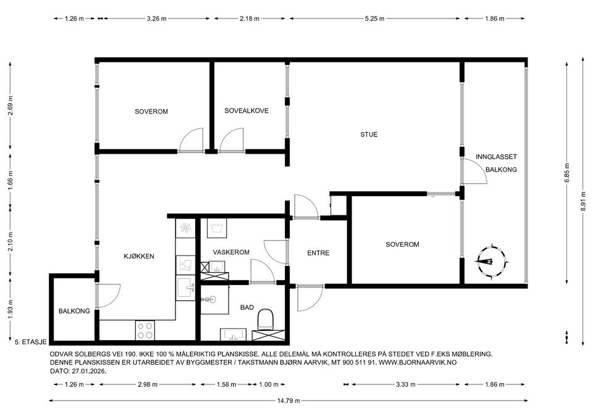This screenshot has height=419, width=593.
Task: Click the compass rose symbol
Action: (x=489, y=261)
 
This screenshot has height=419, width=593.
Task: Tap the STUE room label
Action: (x=369, y=135)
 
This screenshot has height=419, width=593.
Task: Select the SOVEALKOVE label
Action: (x=246, y=111)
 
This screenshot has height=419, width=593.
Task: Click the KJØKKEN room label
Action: (x=138, y=256)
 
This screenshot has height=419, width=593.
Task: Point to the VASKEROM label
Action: (x=230, y=252)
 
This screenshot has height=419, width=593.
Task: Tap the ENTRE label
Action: (x=318, y=253)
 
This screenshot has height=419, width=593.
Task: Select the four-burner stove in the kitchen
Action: (x=145, y=330)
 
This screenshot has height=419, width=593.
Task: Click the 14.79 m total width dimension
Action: (x=288, y=400)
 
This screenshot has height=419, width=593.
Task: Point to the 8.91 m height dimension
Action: (x=583, y=199)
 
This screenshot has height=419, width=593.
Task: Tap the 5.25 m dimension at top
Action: (x=374, y=19)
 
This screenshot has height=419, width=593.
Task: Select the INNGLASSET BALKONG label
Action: (x=500, y=163)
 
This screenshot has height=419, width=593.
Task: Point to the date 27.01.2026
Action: (x=89, y=372)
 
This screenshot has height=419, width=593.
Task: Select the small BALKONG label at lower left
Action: (x=74, y=311)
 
